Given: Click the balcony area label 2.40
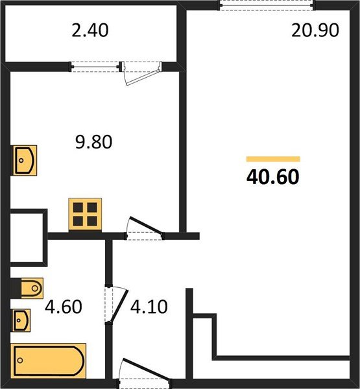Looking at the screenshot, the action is click(90, 30).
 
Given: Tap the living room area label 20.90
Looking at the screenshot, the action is click(315, 30).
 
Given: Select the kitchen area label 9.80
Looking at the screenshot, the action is click(93, 142).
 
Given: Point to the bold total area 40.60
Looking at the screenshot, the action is click(273, 176).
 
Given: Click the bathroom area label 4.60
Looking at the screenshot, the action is click(64, 307).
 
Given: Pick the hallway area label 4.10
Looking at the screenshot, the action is click(149, 307).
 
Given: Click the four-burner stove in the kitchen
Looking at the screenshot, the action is click(85, 215).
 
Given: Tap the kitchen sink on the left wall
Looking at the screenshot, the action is click(24, 160).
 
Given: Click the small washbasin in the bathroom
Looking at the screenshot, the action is click(21, 320).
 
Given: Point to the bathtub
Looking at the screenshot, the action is click(49, 360).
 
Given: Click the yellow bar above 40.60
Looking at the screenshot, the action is click(273, 159).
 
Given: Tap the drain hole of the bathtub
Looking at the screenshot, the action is click(20, 360).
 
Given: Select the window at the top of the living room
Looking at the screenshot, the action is click(266, 5).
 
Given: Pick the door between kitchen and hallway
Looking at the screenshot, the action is click(145, 228).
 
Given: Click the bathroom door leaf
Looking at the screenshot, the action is click(119, 306).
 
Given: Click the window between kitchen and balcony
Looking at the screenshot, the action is click(95, 67).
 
